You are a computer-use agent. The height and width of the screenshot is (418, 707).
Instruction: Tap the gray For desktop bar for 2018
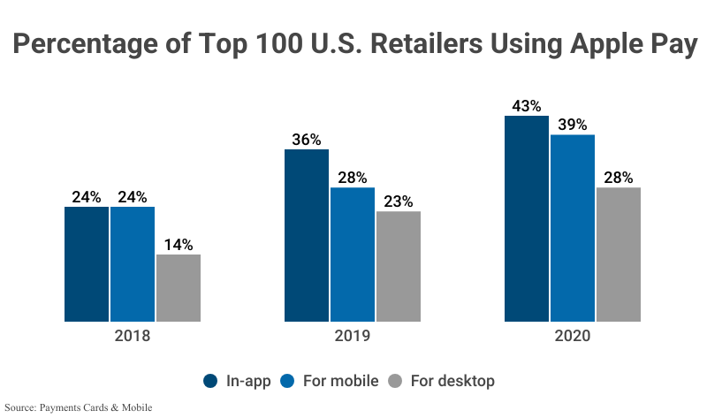click(179, 287)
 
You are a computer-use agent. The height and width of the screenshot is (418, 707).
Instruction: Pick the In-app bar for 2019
click(307, 235)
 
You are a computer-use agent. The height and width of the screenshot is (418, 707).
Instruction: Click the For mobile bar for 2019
click(353, 254)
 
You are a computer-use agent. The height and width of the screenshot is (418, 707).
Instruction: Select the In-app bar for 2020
click(527, 218)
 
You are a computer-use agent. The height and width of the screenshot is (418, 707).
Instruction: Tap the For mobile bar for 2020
click(573, 228)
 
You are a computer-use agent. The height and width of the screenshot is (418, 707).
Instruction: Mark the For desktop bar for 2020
click(619, 254)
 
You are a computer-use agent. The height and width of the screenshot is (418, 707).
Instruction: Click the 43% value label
click(527, 106)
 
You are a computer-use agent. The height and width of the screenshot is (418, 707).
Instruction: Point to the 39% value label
click(573, 125)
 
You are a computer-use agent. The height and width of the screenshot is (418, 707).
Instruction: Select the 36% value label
click(307, 140)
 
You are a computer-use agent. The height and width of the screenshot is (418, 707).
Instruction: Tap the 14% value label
click(179, 245)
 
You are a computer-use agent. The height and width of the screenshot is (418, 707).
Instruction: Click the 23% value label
click(399, 201)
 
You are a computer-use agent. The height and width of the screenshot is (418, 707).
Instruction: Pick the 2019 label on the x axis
click(353, 337)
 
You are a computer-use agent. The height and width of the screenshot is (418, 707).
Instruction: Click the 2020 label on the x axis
click(573, 337)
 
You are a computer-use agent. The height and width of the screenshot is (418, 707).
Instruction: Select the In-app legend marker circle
click(210, 381)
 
